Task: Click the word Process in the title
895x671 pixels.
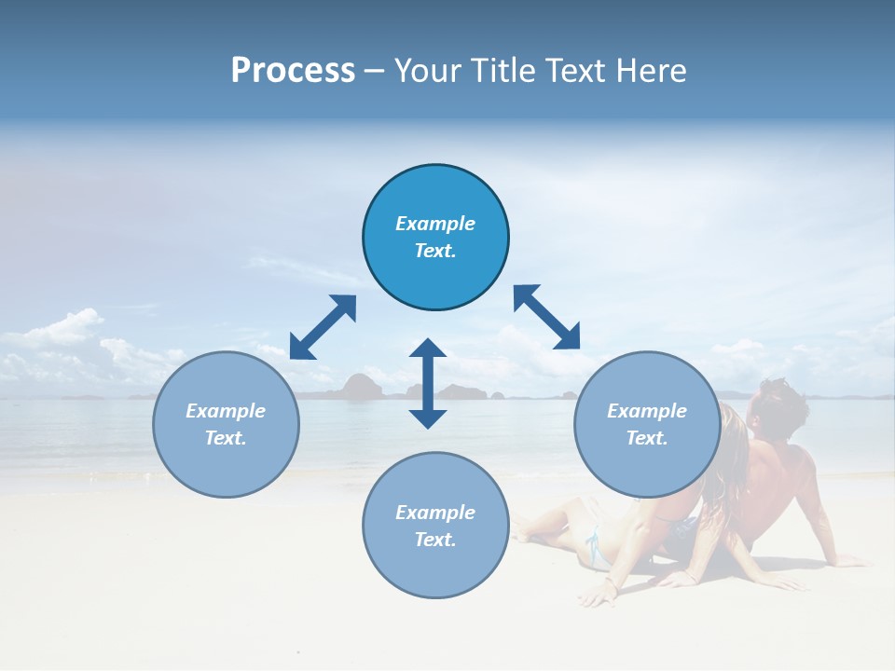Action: (x=293, y=71)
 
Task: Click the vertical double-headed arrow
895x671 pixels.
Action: (x=428, y=383)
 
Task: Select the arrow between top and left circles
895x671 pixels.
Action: (x=323, y=327)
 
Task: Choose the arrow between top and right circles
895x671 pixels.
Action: (x=546, y=317)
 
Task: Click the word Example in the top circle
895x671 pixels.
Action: (x=435, y=224)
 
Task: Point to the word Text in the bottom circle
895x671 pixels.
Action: (x=435, y=540)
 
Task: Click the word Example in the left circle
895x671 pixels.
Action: (x=226, y=411)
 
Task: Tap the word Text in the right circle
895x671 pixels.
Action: (x=647, y=438)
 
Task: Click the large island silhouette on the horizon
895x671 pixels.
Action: (x=359, y=386)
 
